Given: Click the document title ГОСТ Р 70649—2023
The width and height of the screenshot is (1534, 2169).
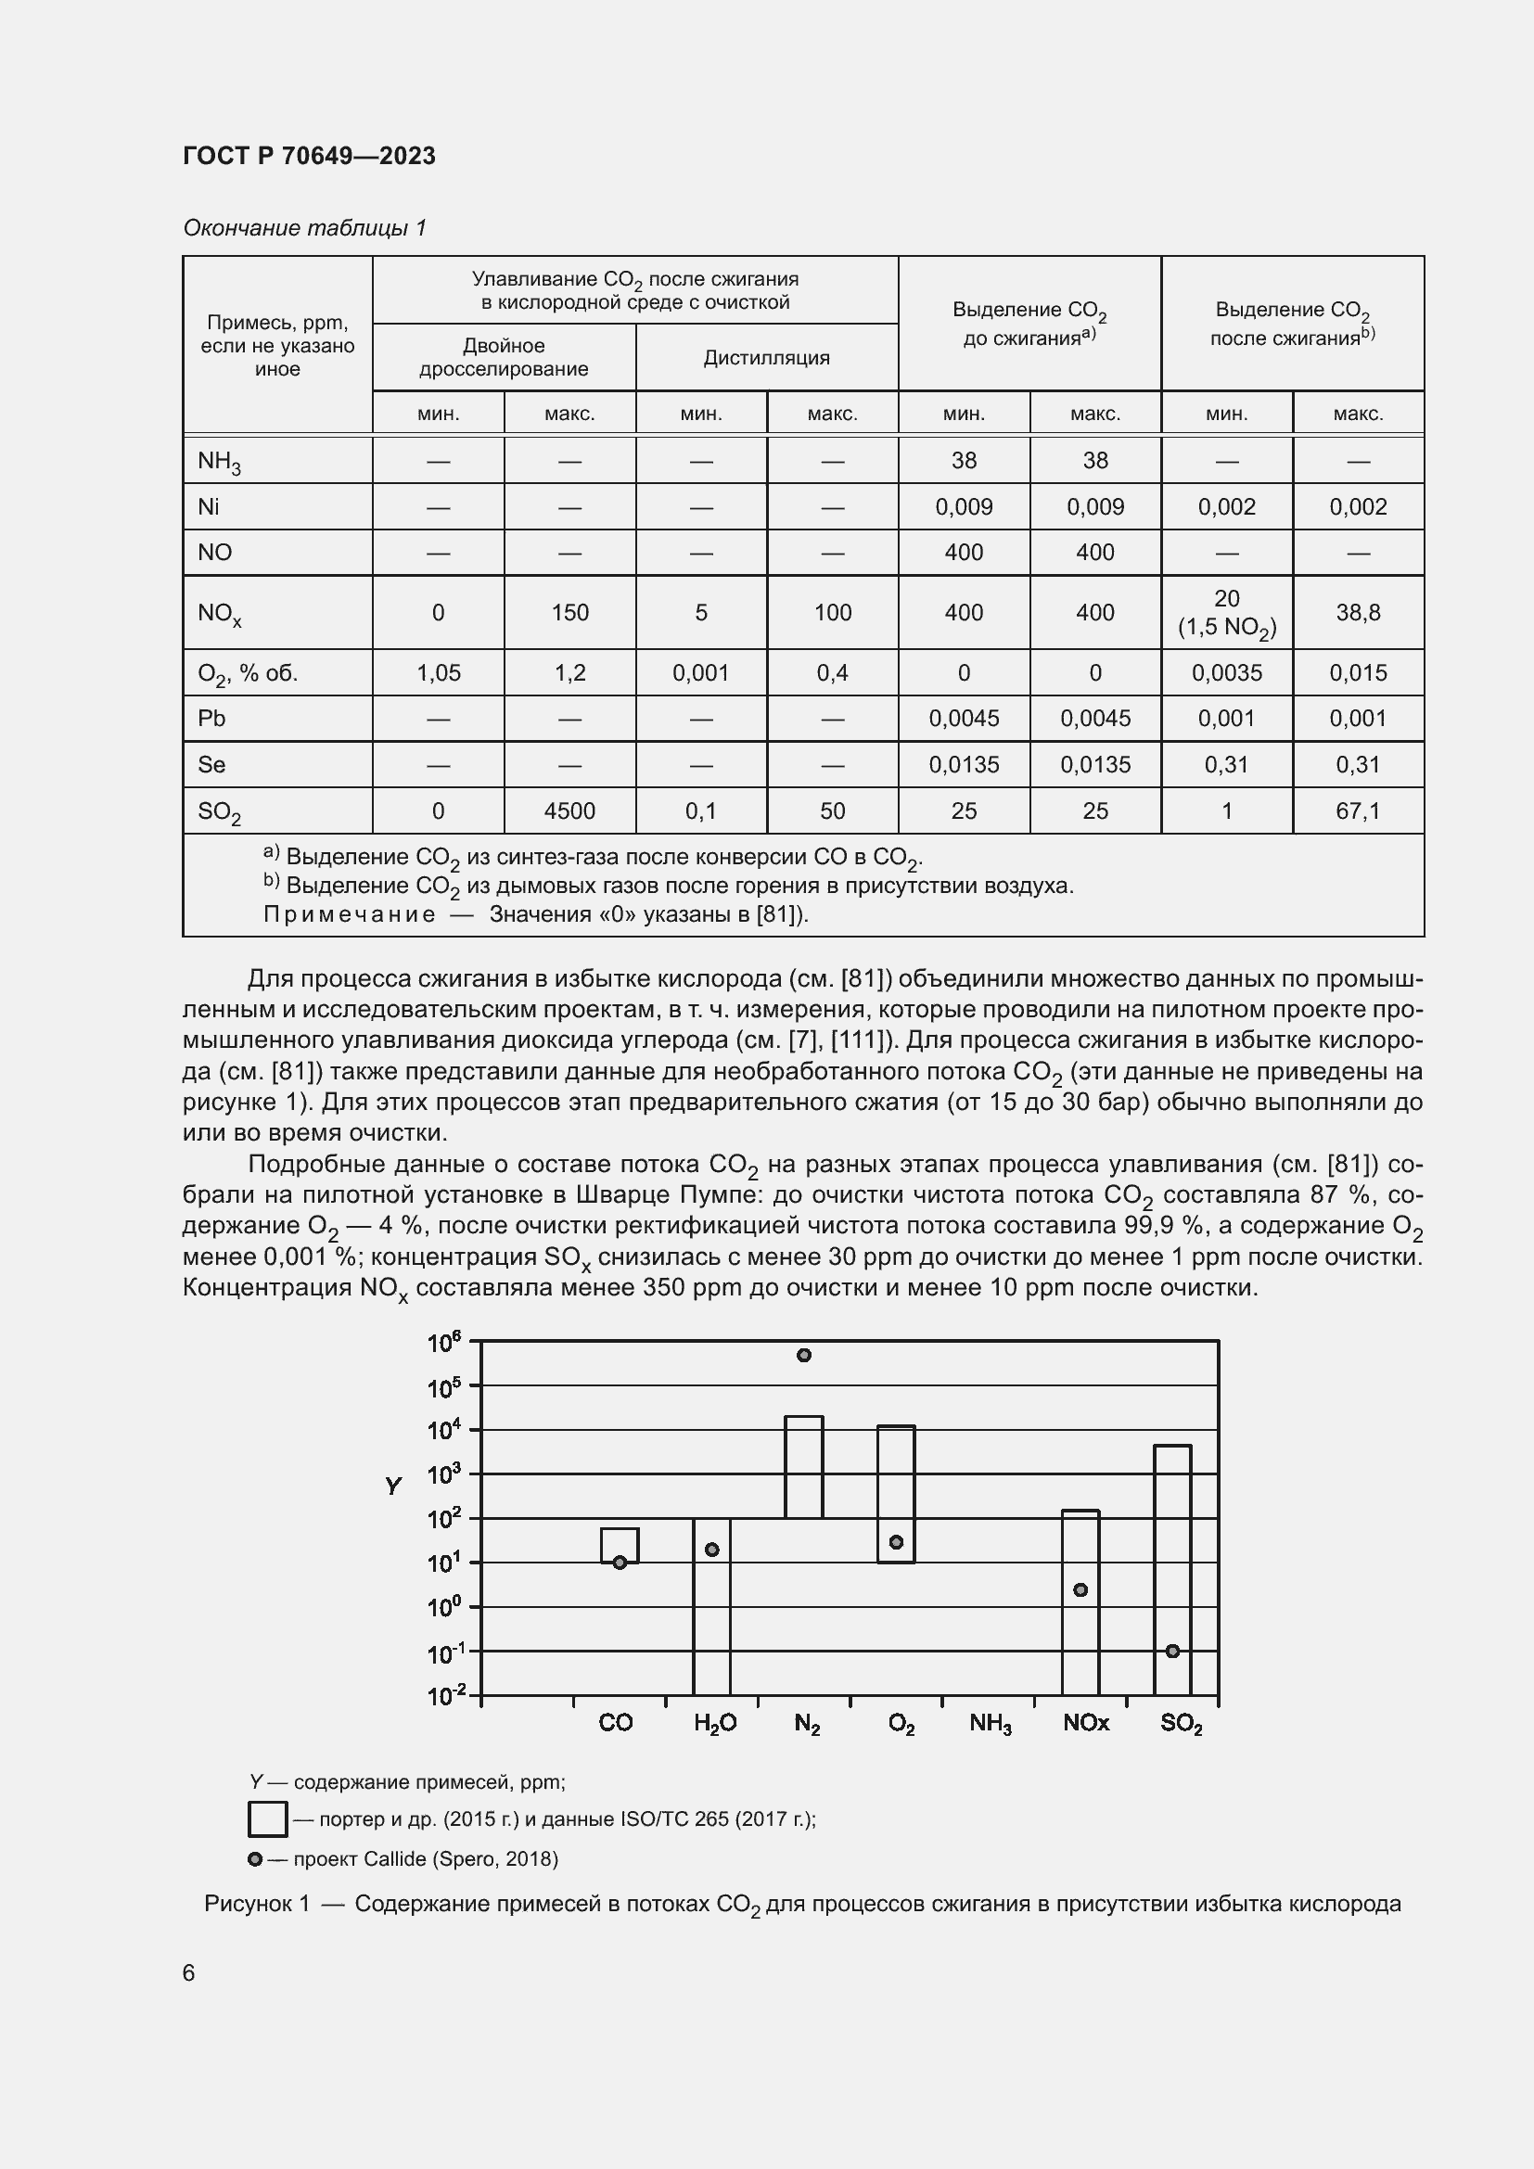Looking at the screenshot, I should pyautogui.click(x=309, y=156).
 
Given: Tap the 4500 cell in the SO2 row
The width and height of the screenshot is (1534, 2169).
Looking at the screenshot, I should pyautogui.click(x=569, y=810).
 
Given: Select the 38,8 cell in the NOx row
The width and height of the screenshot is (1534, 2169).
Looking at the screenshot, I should pyautogui.click(x=1358, y=612).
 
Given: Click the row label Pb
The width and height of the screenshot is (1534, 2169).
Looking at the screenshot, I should pyautogui.click(x=211, y=718).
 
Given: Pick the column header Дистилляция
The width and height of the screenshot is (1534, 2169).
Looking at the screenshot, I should pyautogui.click(x=766, y=357).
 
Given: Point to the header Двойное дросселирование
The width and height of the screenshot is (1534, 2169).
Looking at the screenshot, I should pyautogui.click(x=504, y=357).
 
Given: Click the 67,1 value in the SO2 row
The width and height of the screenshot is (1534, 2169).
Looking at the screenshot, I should pyautogui.click(x=1358, y=810).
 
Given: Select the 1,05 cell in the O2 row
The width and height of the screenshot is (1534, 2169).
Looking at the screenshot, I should pyautogui.click(x=439, y=672).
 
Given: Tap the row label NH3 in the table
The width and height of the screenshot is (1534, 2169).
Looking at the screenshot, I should pyautogui.click(x=218, y=461).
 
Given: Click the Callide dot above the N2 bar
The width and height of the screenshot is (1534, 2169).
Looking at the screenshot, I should pyautogui.click(x=804, y=1355).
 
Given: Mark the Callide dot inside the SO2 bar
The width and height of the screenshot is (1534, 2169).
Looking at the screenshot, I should pyautogui.click(x=1172, y=1651).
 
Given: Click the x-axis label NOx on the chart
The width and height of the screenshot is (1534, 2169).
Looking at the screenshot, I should pyautogui.click(x=1085, y=1722).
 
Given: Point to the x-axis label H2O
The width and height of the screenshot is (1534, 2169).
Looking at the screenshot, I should pyautogui.click(x=714, y=1722).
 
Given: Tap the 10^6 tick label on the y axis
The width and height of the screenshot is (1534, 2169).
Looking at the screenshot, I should pyautogui.click(x=444, y=1342).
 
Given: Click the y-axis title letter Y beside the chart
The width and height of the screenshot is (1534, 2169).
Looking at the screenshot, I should pyautogui.click(x=393, y=1486).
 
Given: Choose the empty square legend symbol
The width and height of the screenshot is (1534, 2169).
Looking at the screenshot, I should pyautogui.click(x=267, y=1818).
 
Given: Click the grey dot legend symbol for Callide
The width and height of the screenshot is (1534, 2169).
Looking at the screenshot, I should pyautogui.click(x=254, y=1858).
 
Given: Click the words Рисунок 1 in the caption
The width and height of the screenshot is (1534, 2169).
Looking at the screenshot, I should pyautogui.click(x=257, y=1903).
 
